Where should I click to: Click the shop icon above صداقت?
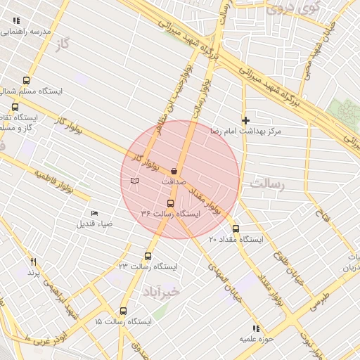point(174,170)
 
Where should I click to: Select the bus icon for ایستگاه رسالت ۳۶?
point(170,204)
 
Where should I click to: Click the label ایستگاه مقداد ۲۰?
point(236,240)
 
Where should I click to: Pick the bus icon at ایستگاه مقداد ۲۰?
point(236,229)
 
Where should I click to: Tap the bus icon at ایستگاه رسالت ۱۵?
point(124,311)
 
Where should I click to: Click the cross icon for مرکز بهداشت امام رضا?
point(245,120)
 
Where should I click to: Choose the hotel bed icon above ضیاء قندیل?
point(95,214)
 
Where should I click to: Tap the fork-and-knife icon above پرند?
point(32,261)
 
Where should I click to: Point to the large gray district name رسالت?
point(265,184)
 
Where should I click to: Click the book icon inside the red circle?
point(135,181)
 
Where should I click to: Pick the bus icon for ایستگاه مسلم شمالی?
point(26,80)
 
